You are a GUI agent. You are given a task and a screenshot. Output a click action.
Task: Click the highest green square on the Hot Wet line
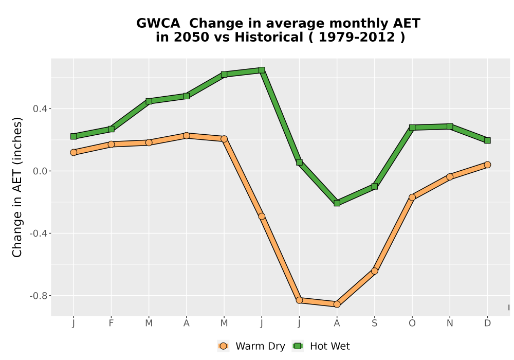tap(262, 70)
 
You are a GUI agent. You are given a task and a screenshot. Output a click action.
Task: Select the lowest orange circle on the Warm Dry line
tap(337, 304)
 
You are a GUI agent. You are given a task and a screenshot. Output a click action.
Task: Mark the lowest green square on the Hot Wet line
tap(337, 203)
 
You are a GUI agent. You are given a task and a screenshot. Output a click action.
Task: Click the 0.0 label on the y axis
tap(40, 171)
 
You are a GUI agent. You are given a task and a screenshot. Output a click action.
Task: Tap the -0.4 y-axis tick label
tap(38, 233)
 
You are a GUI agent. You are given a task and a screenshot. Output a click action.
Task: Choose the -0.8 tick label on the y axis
tap(38, 296)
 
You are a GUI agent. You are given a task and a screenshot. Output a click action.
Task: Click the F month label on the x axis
tap(111, 323)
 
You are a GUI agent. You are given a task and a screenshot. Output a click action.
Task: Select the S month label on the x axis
tap(374, 323)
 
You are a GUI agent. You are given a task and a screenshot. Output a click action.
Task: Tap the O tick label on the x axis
tap(412, 323)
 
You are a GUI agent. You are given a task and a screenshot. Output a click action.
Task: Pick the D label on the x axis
tap(487, 323)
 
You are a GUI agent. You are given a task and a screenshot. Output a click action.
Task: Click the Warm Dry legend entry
tap(251, 346)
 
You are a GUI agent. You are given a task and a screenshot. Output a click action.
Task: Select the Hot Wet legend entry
tap(321, 346)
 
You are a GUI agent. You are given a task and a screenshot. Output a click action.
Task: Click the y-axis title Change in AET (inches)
tap(17, 187)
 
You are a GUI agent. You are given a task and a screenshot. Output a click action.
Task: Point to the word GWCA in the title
tap(158, 23)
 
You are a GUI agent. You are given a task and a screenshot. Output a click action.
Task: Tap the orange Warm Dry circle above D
tap(487, 165)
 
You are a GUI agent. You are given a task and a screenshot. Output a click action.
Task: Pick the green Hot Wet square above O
tap(412, 128)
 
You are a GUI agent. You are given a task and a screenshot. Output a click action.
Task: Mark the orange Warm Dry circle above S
tap(374, 271)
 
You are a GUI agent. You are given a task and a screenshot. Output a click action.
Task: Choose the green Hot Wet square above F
tap(111, 129)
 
